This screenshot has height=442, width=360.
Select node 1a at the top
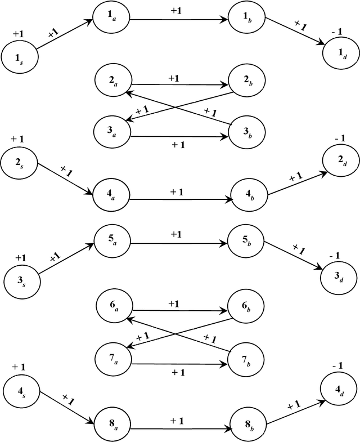pos(112,20)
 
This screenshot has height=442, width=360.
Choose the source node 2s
pos(19,163)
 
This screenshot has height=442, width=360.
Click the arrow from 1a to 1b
pos(180,20)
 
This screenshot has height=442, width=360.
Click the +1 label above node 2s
pos(17,139)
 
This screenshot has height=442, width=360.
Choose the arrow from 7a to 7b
pos(180,364)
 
